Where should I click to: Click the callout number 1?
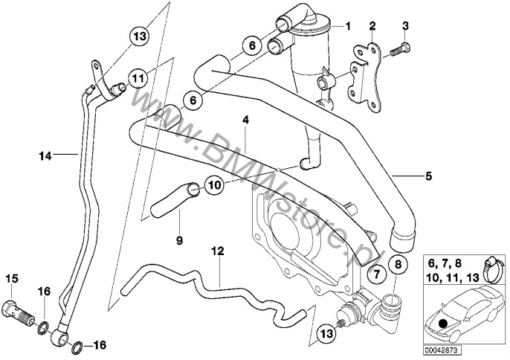[346, 27]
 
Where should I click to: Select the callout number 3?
[406, 27]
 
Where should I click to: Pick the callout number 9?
[178, 240]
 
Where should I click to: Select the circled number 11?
[138, 77]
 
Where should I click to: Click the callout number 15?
[11, 279]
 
